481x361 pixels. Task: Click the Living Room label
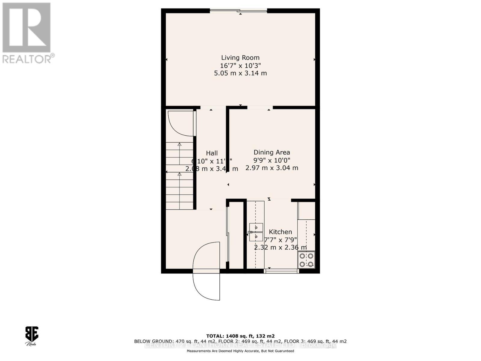240,58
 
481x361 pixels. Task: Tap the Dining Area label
272,152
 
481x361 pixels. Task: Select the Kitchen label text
280,232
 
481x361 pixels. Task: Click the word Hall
212,153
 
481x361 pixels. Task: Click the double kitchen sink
256,232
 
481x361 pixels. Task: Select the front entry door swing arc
206,271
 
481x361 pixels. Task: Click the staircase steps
179,176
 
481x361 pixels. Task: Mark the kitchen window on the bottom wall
281,271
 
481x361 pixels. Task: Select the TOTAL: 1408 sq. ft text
240,336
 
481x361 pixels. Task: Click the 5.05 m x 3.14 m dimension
240,73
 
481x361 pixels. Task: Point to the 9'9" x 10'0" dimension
272,160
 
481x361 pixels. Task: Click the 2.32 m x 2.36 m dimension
280,248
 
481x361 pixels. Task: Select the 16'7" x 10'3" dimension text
240,66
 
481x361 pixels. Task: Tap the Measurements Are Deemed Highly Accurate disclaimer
240,351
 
